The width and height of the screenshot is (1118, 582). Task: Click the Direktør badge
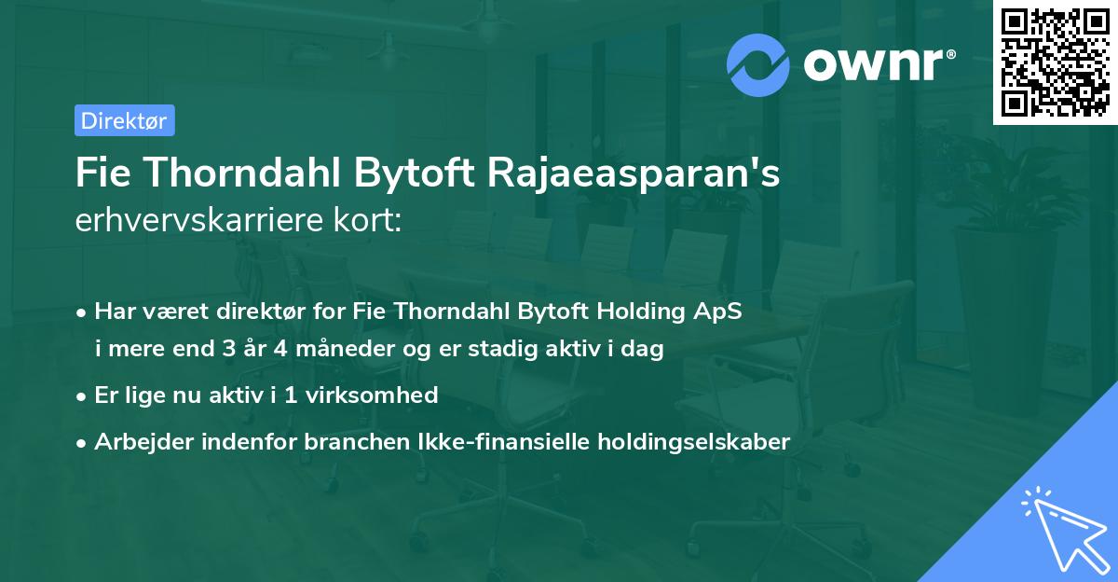tap(124, 120)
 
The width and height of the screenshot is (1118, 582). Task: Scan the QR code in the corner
tap(1053, 62)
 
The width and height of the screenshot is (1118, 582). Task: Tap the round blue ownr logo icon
tap(757, 65)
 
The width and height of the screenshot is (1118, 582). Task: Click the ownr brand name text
tap(877, 65)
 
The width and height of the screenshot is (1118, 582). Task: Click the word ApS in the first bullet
tap(719, 312)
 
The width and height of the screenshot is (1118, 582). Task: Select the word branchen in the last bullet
tap(341, 441)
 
